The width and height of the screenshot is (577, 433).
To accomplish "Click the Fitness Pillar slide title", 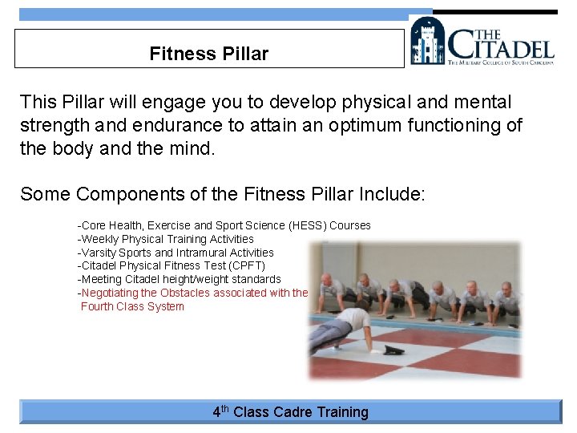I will (x=208, y=54).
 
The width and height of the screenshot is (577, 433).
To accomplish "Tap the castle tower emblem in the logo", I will (x=427, y=41).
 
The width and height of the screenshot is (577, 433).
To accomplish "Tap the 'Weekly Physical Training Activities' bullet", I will (x=167, y=239).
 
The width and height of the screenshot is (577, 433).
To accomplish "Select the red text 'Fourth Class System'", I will (x=132, y=306).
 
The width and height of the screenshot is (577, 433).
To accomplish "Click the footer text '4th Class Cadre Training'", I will (x=290, y=412).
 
